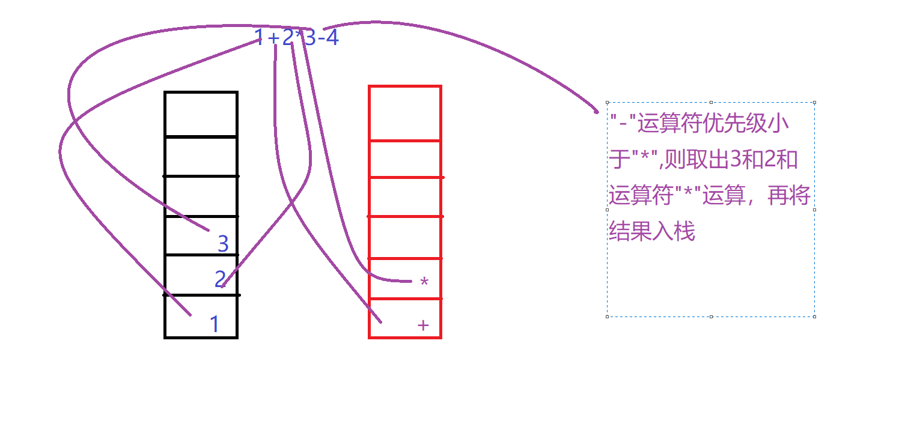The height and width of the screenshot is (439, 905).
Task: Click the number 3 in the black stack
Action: coord(223,244)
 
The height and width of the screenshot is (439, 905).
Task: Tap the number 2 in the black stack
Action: coord(221,279)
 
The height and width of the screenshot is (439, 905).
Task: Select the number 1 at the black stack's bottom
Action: coord(215,324)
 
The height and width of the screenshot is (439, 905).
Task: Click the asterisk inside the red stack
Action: coord(424,282)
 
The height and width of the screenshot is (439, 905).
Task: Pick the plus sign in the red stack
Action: coord(423,325)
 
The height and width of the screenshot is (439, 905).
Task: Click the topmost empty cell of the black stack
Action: coord(201,115)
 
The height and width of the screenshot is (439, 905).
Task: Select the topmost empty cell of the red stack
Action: coord(405,114)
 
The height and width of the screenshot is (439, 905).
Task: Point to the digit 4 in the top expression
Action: coord(332,38)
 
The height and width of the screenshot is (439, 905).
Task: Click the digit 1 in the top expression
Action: coord(259,38)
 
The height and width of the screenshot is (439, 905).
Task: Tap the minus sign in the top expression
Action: coord(320,39)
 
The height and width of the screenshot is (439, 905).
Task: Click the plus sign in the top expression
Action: coord(273,39)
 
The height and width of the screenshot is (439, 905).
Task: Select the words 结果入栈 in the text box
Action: coord(652,231)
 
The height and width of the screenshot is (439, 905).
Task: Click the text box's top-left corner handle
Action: coord(608,103)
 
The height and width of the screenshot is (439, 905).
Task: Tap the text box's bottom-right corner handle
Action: coord(815,316)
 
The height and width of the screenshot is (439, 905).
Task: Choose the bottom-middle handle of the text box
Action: coord(712,316)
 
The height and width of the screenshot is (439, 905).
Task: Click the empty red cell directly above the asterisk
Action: coord(405,237)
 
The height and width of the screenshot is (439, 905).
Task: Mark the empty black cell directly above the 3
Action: coord(201,196)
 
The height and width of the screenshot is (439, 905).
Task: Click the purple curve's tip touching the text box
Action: coord(597,111)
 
